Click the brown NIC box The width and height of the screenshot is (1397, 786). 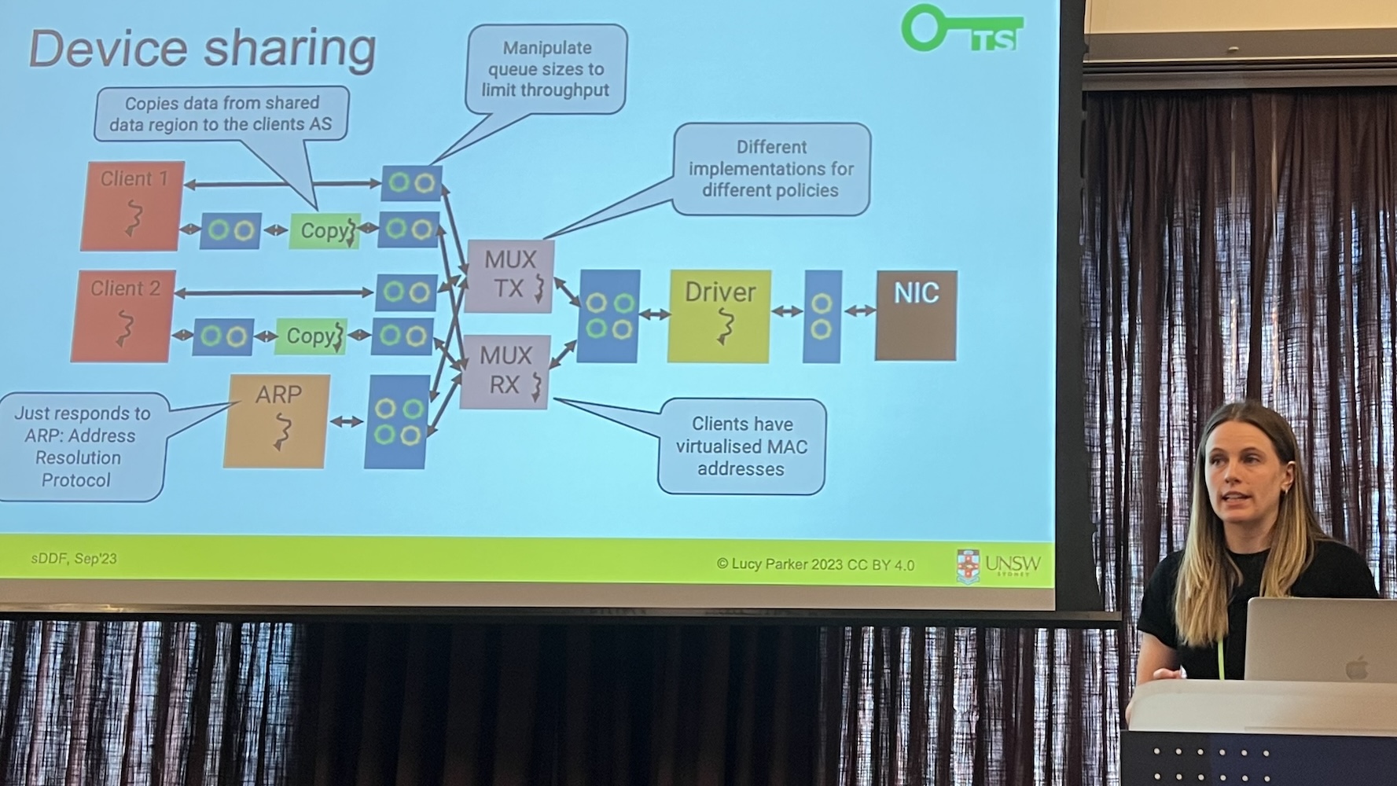916,315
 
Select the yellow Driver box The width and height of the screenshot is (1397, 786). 719,316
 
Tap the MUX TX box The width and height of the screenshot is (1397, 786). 509,276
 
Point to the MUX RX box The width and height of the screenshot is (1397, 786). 504,372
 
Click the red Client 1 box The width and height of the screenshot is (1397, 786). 132,206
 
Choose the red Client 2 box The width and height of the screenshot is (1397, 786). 123,316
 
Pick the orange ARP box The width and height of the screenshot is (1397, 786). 276,421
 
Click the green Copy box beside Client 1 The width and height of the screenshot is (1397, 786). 324,231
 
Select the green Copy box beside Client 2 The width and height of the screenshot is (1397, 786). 311,336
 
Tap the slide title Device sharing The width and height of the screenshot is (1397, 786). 202,49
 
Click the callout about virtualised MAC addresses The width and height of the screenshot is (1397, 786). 741,446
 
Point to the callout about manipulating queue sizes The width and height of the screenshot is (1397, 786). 546,69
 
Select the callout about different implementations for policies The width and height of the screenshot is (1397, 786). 771,169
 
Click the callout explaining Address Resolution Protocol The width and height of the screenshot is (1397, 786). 81,446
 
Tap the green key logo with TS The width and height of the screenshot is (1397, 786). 961,29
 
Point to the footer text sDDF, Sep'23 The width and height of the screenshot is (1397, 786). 74,559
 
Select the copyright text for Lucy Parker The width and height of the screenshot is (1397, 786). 815,564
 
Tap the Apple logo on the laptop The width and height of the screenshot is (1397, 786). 1356,669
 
